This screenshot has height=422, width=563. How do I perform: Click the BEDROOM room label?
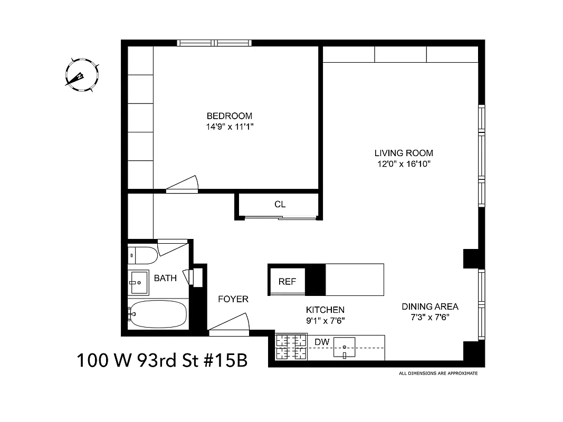229,116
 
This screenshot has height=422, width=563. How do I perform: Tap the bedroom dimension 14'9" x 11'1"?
229,127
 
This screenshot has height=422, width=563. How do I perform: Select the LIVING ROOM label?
404,153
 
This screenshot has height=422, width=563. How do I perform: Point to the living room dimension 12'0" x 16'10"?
404,164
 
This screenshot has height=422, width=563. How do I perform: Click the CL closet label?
280,205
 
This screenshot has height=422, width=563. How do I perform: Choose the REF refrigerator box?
287,282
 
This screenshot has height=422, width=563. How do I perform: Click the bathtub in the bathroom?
158,315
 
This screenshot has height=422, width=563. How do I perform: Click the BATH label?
165,278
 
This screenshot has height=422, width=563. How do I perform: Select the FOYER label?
233,299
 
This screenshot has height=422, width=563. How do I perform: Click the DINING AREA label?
430,306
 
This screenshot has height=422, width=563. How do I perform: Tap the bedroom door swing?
183,184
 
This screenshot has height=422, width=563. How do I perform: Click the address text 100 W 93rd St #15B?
161,361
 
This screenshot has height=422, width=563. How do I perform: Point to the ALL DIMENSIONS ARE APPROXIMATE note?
438,373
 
